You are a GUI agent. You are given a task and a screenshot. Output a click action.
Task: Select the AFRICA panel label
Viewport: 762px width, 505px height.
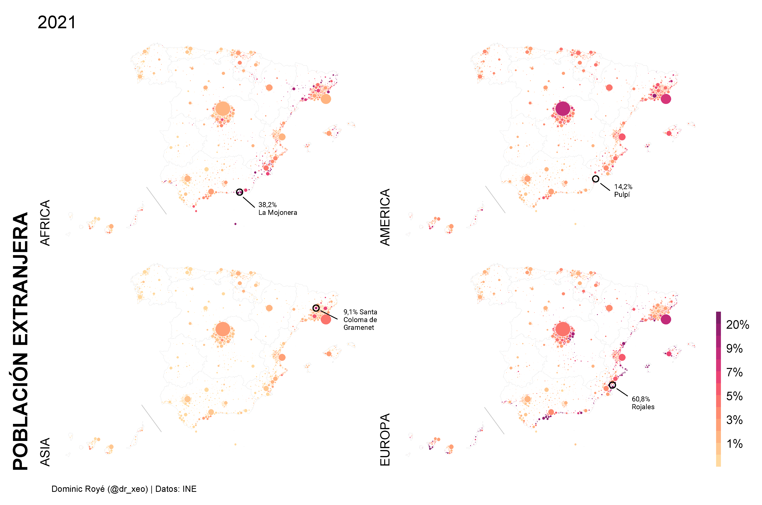point(45,223)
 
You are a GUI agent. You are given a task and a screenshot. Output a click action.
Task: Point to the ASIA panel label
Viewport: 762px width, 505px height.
point(45,452)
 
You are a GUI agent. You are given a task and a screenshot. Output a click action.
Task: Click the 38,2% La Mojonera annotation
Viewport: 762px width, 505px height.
point(277,209)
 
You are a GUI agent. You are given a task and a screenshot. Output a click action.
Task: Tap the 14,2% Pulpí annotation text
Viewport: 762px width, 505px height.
point(623,191)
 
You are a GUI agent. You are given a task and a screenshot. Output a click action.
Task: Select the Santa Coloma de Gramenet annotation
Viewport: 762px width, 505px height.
point(360,320)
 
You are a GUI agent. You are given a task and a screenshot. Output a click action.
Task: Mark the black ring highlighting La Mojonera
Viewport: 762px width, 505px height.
point(239,192)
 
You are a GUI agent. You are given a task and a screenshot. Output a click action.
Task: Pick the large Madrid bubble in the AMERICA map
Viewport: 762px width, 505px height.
point(563,109)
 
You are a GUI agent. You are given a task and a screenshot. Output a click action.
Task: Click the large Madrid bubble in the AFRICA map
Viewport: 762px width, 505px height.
point(223,109)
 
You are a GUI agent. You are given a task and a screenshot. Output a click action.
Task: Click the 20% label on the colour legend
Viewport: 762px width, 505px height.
point(737,325)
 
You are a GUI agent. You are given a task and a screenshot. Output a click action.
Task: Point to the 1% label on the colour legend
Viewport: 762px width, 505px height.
point(735,444)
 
